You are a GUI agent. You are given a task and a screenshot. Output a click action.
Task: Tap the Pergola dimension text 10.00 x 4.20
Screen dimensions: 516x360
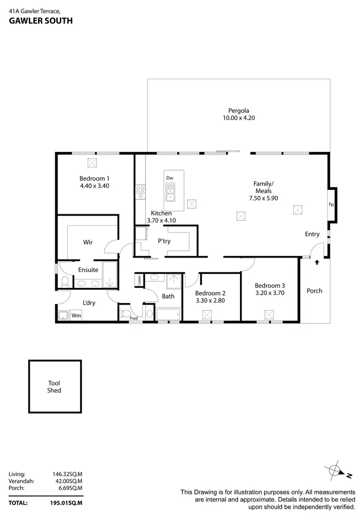click(239, 117)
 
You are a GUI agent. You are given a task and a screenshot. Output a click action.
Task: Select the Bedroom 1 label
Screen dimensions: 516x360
click(95, 179)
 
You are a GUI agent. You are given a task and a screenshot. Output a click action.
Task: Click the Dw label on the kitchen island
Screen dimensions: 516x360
click(170, 178)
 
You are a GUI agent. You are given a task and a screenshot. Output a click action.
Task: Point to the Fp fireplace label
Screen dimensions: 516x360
click(331, 204)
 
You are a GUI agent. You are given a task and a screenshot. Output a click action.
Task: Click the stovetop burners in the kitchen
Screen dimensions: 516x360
click(141, 191)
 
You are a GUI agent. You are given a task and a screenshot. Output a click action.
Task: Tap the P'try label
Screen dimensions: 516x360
click(165, 241)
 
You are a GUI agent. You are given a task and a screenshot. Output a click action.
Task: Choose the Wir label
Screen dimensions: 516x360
click(88, 242)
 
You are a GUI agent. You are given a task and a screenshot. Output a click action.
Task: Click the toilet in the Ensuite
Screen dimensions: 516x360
click(64, 281)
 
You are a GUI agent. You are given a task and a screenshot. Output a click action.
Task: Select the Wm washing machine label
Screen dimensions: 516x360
click(76, 316)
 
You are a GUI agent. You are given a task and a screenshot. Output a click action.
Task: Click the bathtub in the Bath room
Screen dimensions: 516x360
click(169, 314)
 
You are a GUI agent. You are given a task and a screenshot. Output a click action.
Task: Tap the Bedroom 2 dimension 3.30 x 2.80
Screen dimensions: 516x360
click(210, 301)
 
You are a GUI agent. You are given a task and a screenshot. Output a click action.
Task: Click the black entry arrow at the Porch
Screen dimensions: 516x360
click(317, 262)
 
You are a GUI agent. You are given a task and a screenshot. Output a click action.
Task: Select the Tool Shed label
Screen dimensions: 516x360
click(54, 387)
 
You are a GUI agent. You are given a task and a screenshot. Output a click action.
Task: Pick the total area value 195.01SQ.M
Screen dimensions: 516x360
click(67, 503)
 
